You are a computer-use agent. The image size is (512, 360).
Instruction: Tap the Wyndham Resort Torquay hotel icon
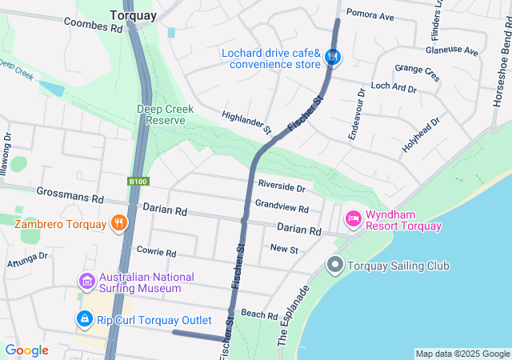coord(352,218)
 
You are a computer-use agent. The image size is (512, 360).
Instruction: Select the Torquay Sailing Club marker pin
coord(335,265)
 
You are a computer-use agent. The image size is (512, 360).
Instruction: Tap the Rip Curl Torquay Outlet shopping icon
coord(84,319)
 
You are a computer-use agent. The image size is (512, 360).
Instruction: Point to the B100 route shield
coord(138,182)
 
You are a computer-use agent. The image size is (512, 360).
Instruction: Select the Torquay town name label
coord(133,14)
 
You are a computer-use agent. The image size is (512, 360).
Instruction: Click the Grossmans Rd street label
coord(70,195)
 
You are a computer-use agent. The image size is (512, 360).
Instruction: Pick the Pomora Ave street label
coord(370,16)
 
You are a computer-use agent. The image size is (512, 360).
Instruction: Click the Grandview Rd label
coord(282,206)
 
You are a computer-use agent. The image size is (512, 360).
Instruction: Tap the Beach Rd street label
coord(258,315)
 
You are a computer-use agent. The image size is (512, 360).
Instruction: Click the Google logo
coord(26,350)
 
